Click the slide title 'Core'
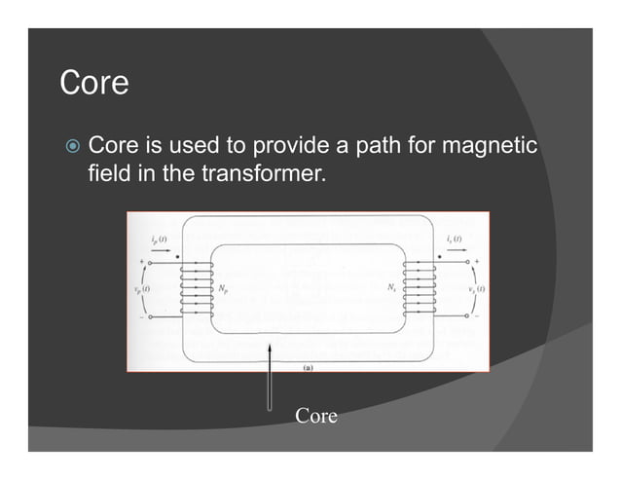pos(93,83)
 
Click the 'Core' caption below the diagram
pos(316,417)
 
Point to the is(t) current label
pos(454,240)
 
